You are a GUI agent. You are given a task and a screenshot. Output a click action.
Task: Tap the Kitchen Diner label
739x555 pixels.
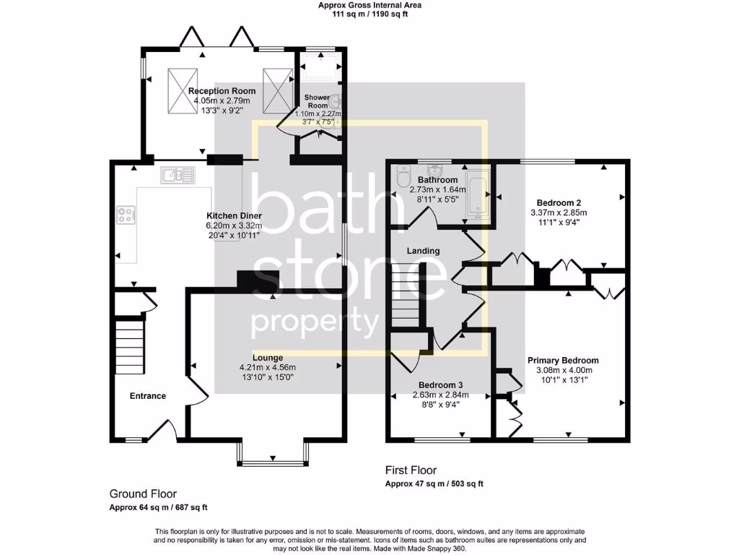tap(234, 216)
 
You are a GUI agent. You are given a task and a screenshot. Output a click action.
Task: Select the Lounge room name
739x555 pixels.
tap(268, 358)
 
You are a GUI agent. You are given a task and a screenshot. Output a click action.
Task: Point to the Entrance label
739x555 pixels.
tap(148, 396)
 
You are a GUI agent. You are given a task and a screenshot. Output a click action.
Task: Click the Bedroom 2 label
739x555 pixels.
tap(559, 203)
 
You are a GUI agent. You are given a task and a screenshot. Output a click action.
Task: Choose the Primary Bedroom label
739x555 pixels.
tap(563, 361)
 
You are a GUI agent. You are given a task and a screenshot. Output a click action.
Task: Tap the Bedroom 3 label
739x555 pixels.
tap(440, 385)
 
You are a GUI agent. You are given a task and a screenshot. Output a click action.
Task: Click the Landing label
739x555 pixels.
tap(423, 251)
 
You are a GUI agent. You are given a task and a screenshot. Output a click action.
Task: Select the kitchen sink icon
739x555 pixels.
tap(178, 175)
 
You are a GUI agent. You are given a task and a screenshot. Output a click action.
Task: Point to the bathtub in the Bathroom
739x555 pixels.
tap(476, 194)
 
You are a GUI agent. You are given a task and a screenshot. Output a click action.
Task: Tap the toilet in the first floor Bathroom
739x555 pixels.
tap(403, 178)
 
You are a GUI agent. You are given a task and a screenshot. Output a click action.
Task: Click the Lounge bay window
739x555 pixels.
tap(274, 452)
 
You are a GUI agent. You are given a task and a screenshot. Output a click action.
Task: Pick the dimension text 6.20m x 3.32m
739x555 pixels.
tap(234, 225)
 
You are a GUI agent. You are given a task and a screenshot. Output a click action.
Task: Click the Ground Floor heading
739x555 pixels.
tap(143, 494)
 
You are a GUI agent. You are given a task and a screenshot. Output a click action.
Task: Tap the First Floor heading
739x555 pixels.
tap(411, 470)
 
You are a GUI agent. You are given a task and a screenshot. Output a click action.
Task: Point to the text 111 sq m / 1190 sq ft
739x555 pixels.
tap(369, 14)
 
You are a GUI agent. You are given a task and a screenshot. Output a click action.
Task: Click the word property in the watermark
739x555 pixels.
tap(315, 322)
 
